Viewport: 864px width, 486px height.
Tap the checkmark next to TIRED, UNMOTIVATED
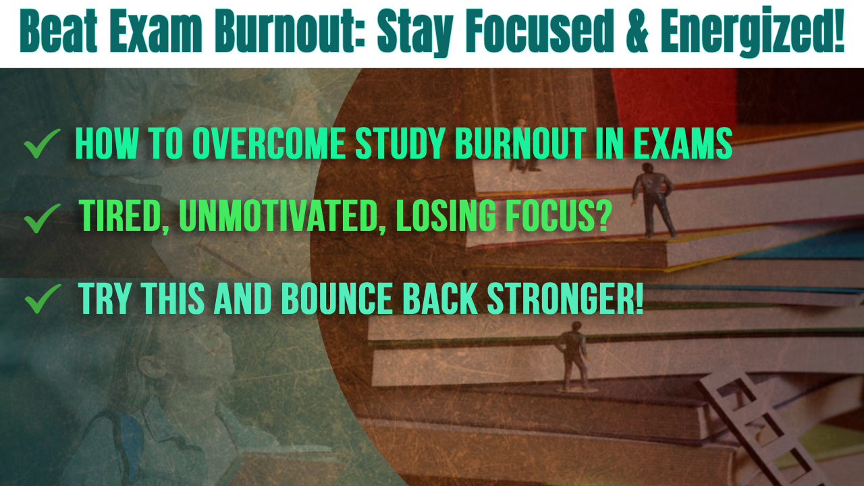point(42,219)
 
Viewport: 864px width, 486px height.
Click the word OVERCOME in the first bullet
point(273,144)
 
